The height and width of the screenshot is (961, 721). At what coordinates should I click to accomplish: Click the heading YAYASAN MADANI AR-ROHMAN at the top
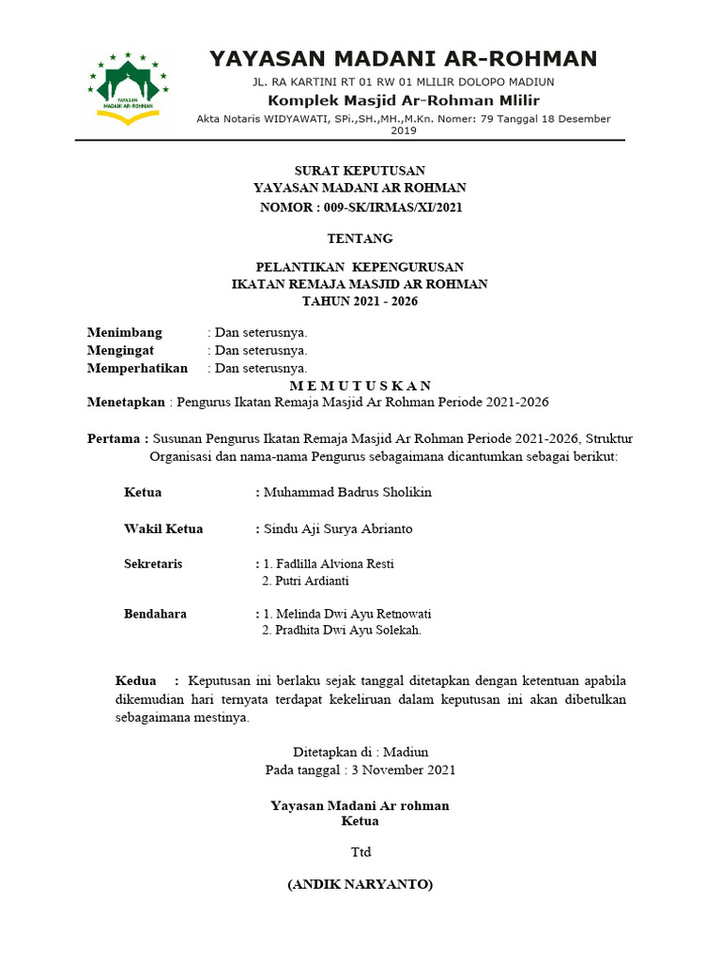[403, 59]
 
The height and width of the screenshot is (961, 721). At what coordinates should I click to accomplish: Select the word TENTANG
[360, 239]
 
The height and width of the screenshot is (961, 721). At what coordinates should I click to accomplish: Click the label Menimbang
[125, 332]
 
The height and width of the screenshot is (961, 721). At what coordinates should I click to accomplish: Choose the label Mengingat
[120, 350]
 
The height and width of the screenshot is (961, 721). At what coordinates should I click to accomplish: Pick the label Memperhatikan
[137, 368]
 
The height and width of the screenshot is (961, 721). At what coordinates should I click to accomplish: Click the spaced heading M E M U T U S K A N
[360, 386]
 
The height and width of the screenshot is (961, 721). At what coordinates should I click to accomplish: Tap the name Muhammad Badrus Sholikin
[347, 493]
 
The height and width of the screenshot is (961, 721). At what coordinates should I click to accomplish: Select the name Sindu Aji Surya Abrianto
[338, 529]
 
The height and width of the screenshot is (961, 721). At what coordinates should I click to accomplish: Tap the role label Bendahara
[155, 614]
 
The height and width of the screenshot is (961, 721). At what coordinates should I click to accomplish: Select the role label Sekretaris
[153, 564]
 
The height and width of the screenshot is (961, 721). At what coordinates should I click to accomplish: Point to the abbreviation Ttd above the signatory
[360, 852]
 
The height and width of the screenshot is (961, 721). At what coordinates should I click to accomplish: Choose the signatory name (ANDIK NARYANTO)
[360, 885]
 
